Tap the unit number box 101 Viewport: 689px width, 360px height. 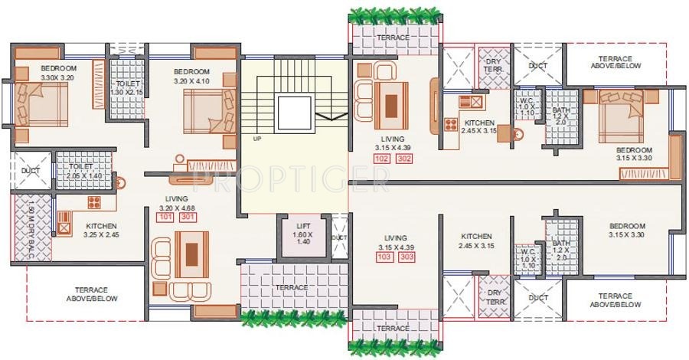point(165,217)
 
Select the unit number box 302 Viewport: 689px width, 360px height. point(403,159)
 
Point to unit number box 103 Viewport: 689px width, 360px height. point(385,257)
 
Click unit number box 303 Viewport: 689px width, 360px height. point(407,257)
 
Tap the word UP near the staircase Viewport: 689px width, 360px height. point(257,139)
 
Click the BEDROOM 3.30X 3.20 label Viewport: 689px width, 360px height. point(57,73)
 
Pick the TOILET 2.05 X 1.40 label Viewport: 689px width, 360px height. point(80,170)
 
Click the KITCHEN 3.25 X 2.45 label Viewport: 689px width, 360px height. point(101,230)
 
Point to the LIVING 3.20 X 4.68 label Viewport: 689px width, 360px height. point(175,202)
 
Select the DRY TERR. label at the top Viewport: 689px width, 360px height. point(491,65)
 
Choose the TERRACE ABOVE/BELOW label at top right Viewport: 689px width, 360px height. point(616,63)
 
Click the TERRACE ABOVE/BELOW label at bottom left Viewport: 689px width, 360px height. point(96,296)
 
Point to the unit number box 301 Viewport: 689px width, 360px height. point(187,217)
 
